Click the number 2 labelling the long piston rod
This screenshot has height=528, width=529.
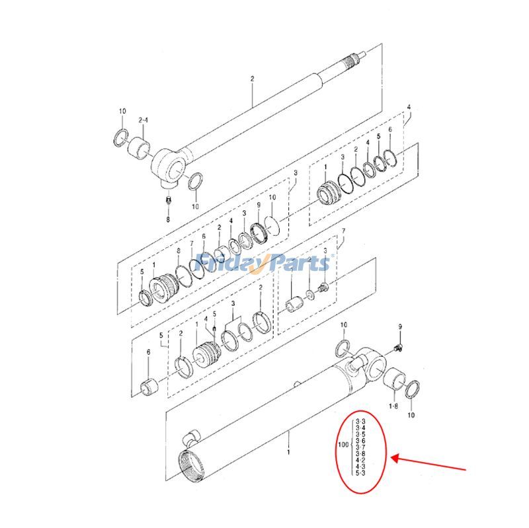(252, 79)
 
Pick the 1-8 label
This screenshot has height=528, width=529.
(393, 406)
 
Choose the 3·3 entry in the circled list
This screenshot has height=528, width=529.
(361, 421)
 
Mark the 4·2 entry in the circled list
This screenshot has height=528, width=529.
(361, 460)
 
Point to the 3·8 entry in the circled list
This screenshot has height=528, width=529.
(361, 453)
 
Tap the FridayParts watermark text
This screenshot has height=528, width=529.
(264, 262)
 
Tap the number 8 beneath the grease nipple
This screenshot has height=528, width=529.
(167, 219)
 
